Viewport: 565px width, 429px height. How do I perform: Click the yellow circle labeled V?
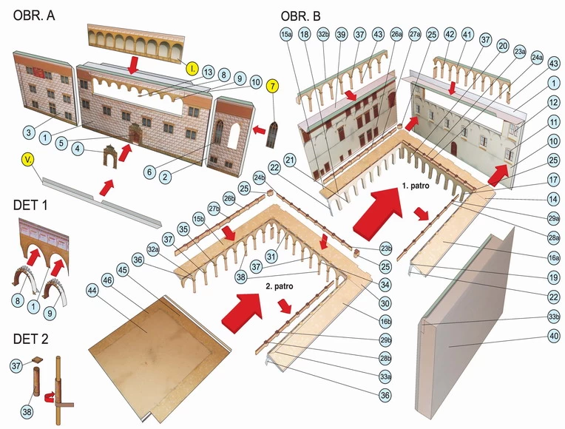click(24, 159)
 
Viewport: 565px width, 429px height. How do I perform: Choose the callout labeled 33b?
click(553, 317)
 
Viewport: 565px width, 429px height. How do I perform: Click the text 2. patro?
click(281, 284)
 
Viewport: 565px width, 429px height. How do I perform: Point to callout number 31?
click(271, 256)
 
